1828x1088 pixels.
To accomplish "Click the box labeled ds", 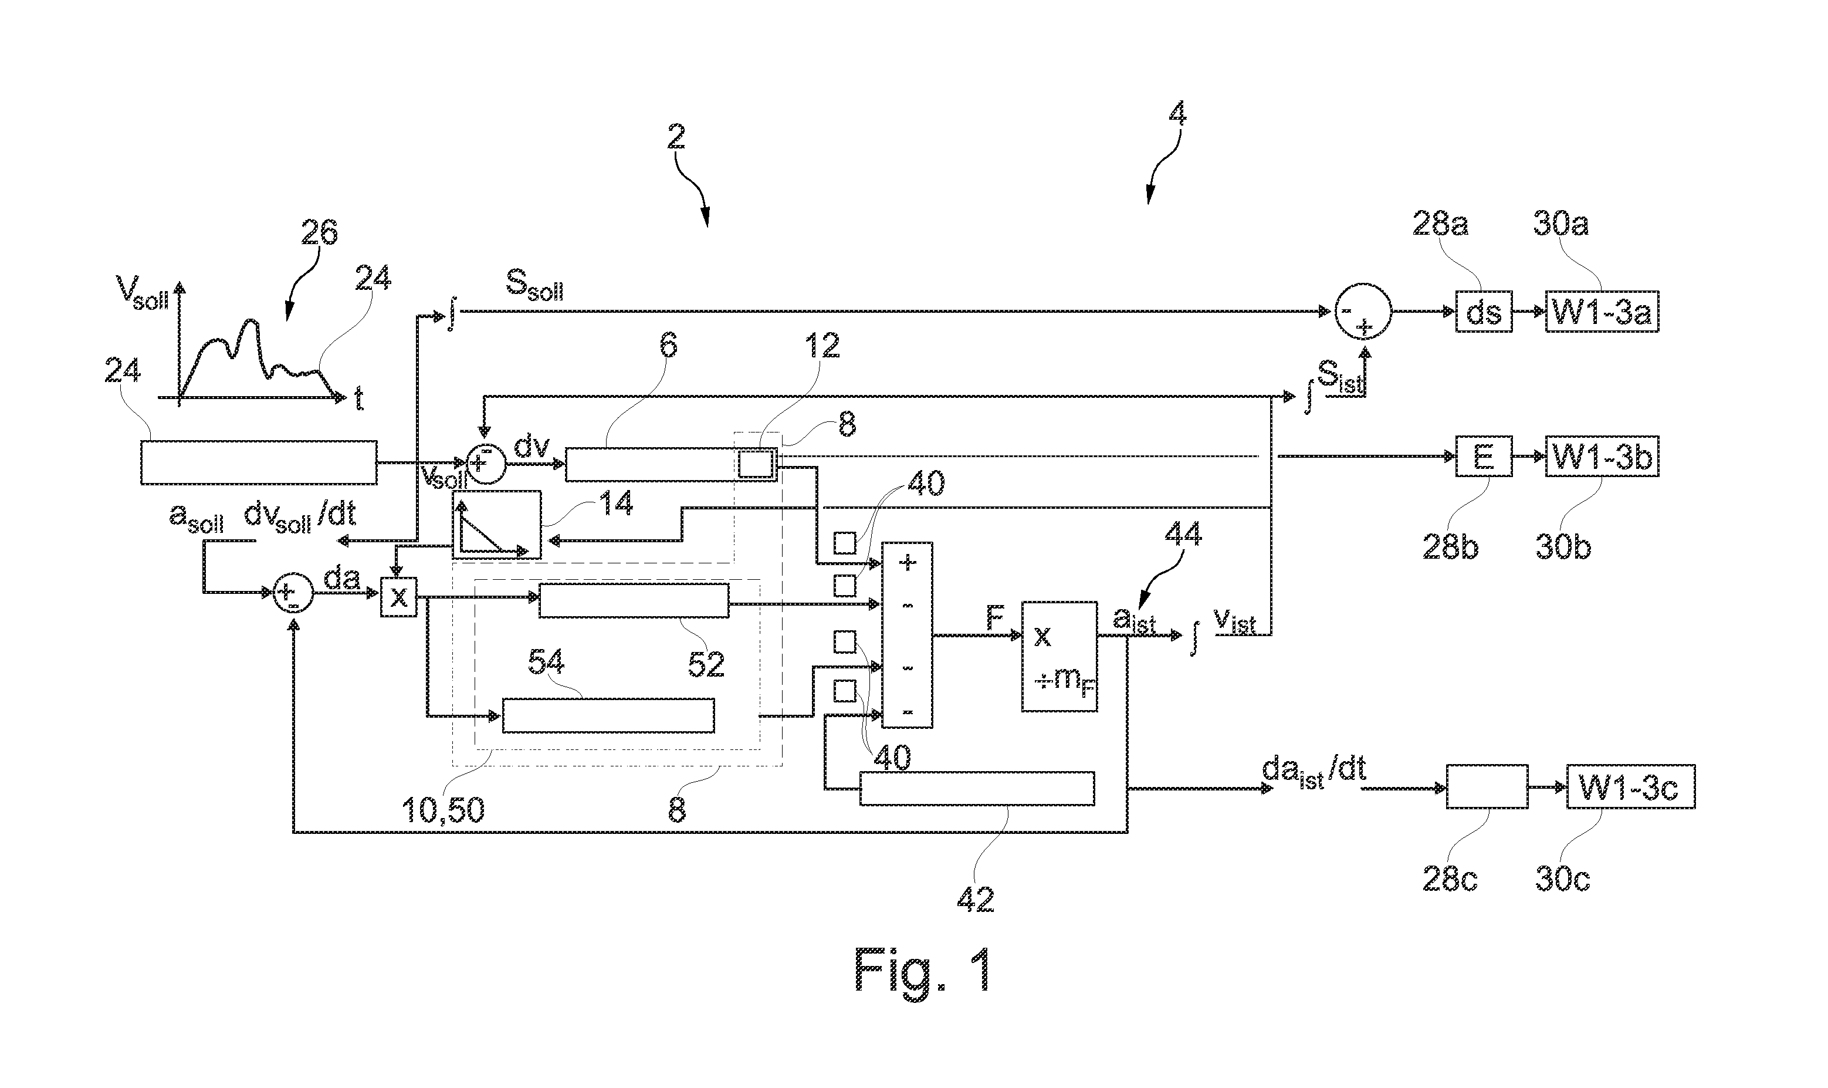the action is pos(1483,312).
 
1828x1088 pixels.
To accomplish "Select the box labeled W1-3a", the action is pos(1602,312).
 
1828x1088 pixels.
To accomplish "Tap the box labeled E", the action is pos(1483,457).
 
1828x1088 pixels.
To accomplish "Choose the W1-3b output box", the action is pos(1602,457).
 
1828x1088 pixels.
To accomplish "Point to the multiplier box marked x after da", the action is pos(398,597).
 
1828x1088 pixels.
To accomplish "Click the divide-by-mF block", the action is pos(1059,657).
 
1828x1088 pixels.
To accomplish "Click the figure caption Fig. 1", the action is pos(923,970).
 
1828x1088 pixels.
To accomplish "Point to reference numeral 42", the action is pos(976,899).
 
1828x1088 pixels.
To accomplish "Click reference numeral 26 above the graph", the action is pos(319,232).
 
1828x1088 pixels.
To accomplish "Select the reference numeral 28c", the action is pos(1449,878).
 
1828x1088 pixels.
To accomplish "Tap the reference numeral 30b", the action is pos(1563,546).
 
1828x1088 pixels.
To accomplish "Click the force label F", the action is pos(994,618).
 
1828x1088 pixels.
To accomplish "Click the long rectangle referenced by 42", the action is pos(976,788).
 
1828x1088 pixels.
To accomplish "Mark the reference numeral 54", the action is pos(546,663).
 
